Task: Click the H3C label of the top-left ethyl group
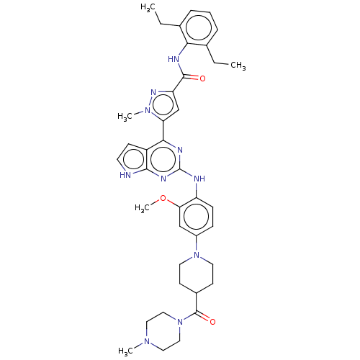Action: click(x=148, y=7)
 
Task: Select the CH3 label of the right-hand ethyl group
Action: click(x=238, y=66)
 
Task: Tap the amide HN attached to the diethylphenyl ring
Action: click(x=174, y=59)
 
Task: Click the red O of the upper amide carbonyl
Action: click(x=202, y=78)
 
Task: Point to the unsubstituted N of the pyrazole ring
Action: click(x=153, y=92)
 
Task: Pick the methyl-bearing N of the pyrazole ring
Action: click(x=148, y=111)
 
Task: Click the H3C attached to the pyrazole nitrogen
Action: click(x=125, y=117)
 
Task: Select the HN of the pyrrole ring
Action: click(x=125, y=175)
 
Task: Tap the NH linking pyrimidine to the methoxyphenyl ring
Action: click(x=199, y=179)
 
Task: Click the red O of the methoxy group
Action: click(x=163, y=198)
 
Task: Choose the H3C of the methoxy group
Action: click(x=142, y=208)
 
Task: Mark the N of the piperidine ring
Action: click(x=197, y=255)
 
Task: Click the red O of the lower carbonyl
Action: click(x=212, y=322)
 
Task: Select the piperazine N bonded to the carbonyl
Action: click(x=180, y=322)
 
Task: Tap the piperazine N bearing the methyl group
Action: click(x=147, y=341)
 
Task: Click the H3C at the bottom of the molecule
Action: click(x=125, y=351)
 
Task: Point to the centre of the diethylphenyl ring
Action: click(x=199, y=27)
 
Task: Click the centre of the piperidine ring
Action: click(x=197, y=274)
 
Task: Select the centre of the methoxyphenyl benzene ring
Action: click(x=197, y=216)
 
